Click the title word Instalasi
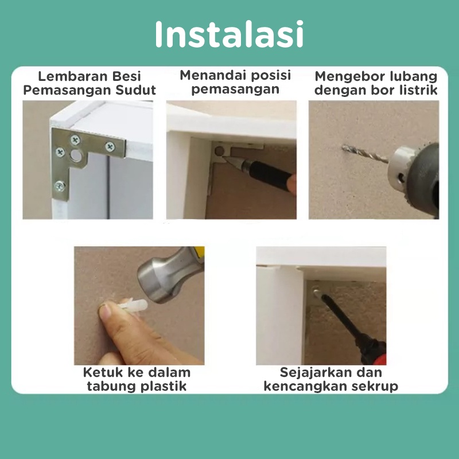click(229, 34)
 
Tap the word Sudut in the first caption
click(135, 90)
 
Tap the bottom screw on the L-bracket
click(60, 186)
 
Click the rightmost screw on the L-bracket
click(110, 146)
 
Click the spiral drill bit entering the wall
click(365, 154)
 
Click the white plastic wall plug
click(133, 306)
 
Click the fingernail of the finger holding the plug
click(104, 311)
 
